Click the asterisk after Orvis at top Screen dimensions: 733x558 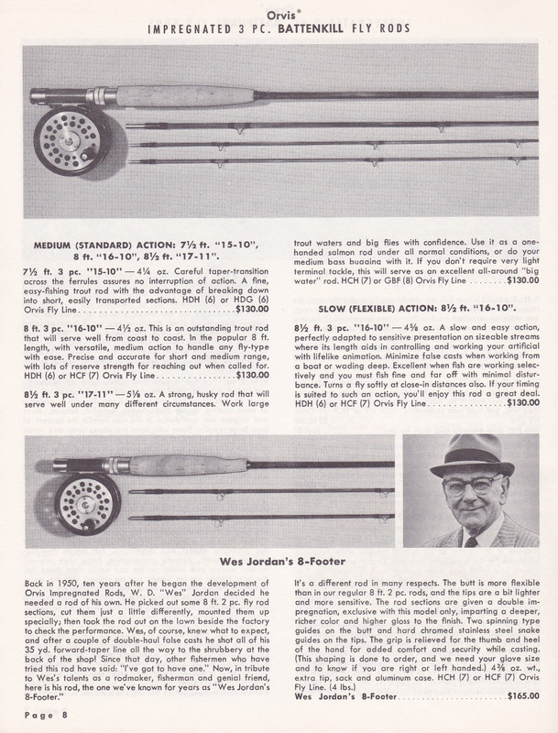[294, 10]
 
